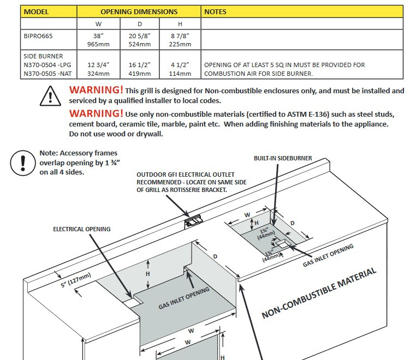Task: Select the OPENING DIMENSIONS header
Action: pyautogui.click(x=139, y=11)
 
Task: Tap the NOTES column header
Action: pyautogui.click(x=215, y=11)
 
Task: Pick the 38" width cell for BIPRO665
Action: pyautogui.click(x=99, y=39)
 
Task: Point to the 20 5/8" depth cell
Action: pyautogui.click(x=139, y=39)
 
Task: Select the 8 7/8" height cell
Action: pyautogui.click(x=180, y=39)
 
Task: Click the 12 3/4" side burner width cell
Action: pyautogui.click(x=99, y=69)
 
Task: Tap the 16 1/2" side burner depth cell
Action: pyautogui.click(x=139, y=69)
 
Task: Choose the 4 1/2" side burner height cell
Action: pyautogui.click(x=180, y=69)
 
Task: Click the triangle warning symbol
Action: pyautogui.click(x=50, y=96)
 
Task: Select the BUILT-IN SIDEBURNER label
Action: pyautogui.click(x=283, y=158)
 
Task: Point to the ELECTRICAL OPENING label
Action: pyautogui.click(x=81, y=229)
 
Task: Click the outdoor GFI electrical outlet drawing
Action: pyautogui.click(x=193, y=221)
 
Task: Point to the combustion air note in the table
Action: pyautogui.click(x=284, y=69)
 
